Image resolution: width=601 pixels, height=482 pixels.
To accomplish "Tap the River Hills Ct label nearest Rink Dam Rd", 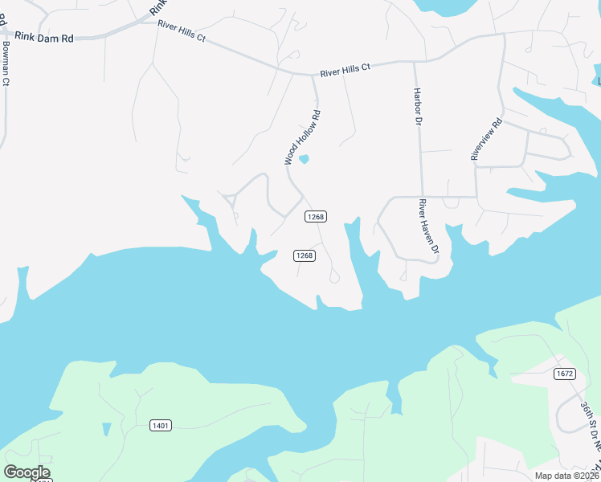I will pos(182,31).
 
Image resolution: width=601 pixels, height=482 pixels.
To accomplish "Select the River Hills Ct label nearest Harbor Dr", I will pos(345,71).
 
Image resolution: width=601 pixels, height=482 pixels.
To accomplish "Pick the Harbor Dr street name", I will pos(418,107).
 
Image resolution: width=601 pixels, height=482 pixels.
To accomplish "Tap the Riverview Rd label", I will pos(487,140).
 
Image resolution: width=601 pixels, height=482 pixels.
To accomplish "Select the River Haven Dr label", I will pos(428,228).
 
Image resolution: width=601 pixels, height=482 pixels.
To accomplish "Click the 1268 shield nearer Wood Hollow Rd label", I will pos(314,217).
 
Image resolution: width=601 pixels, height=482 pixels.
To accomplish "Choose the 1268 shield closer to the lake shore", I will pos(304,255).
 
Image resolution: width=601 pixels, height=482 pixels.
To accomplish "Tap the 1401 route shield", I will pos(160,425).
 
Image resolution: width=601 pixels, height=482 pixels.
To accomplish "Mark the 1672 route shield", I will pos(565,374).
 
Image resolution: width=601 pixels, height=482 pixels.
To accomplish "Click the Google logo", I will pos(27,472).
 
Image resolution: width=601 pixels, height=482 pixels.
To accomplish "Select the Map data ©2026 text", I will pos(566,476).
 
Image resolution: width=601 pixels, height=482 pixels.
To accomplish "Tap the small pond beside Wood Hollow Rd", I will pos(304,159).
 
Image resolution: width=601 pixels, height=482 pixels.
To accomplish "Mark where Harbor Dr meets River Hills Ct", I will pos(415,61).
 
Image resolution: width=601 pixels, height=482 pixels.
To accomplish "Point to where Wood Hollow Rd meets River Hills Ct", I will pos(313,76).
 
